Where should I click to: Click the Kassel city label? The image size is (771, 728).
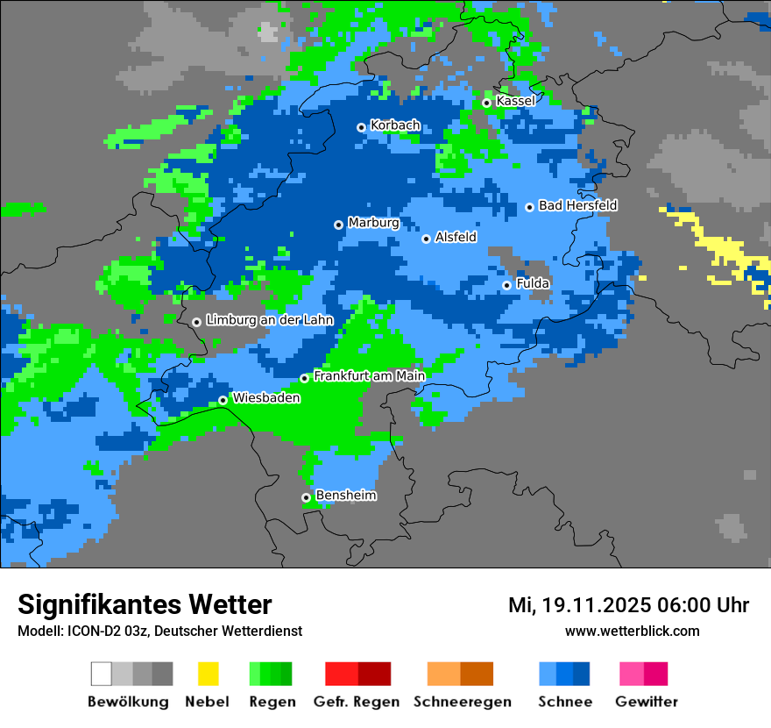tap(515, 101)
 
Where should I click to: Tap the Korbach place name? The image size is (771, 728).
tap(395, 125)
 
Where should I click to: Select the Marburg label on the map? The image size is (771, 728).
tap(373, 223)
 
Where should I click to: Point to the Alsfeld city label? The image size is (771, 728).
tap(456, 237)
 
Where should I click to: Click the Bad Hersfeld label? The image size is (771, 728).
tap(577, 205)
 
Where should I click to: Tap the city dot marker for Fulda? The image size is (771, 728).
tap(506, 285)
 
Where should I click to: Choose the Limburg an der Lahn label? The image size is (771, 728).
tap(269, 320)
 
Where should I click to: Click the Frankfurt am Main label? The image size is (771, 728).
tap(369, 376)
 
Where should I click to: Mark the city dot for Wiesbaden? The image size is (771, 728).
tap(223, 400)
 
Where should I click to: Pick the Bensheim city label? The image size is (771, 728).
tap(346, 496)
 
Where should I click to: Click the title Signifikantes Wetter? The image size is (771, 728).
tap(145, 605)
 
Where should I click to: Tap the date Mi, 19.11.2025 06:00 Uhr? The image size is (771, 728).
tap(628, 605)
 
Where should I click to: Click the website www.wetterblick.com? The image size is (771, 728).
tap(632, 631)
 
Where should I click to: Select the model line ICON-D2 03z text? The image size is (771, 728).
tap(159, 631)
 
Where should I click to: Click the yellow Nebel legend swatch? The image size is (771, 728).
tap(208, 674)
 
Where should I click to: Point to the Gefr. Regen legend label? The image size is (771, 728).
tap(357, 702)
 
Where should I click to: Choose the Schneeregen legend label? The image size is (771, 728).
tap(462, 702)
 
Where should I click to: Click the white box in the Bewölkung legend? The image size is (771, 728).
tap(102, 674)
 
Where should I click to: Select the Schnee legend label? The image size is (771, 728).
tap(564, 702)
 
